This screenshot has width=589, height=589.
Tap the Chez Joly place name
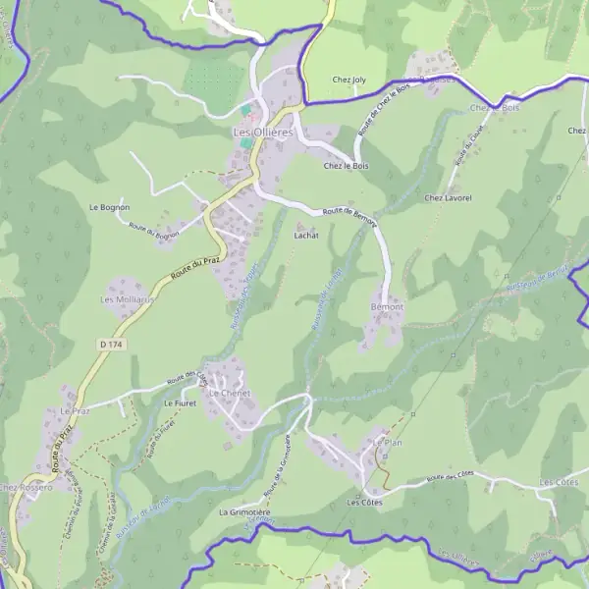[x=348, y=80]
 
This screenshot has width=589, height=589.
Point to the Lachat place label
[x=306, y=236]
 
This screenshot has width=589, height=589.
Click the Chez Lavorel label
[x=449, y=197]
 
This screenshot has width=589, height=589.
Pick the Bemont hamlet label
[x=387, y=307]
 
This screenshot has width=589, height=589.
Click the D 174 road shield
[x=111, y=345]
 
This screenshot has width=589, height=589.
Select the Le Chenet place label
[x=230, y=393]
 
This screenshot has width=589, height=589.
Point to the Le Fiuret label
[x=181, y=403]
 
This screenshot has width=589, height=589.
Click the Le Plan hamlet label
[x=388, y=443]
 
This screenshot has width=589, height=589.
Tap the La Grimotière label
[x=244, y=512]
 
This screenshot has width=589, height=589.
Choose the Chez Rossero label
[x=26, y=488]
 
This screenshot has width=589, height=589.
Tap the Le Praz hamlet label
[x=75, y=410]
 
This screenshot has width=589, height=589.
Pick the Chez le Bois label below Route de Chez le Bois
[x=346, y=166]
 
